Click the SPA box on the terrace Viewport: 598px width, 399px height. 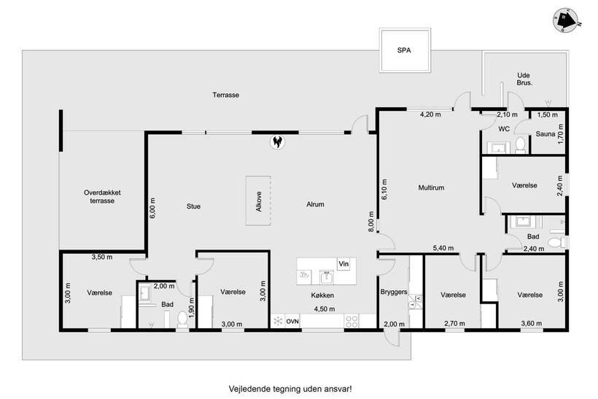[x=405, y=50]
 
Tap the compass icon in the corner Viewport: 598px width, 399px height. [x=567, y=20]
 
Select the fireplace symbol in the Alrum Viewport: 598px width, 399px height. [x=278, y=142]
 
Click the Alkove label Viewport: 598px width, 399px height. [x=259, y=201]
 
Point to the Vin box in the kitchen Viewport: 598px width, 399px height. [x=343, y=264]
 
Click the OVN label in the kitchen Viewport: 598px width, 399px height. [x=292, y=321]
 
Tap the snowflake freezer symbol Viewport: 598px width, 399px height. [x=279, y=321]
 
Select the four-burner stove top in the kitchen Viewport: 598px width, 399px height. [x=352, y=321]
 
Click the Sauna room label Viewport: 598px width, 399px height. [x=545, y=134]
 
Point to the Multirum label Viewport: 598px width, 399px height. [x=431, y=187]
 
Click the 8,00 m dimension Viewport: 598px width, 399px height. [x=371, y=222]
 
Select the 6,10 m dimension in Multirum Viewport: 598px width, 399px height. [x=384, y=190]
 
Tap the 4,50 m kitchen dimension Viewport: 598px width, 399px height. [x=325, y=309]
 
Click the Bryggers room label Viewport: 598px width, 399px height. [x=394, y=293]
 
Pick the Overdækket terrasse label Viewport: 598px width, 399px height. [x=102, y=197]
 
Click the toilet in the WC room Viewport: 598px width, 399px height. [x=520, y=144]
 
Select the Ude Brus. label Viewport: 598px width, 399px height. [x=524, y=79]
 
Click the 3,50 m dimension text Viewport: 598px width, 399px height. [x=102, y=257]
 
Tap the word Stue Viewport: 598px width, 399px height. [x=193, y=206]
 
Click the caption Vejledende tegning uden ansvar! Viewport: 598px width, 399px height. [x=290, y=389]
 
